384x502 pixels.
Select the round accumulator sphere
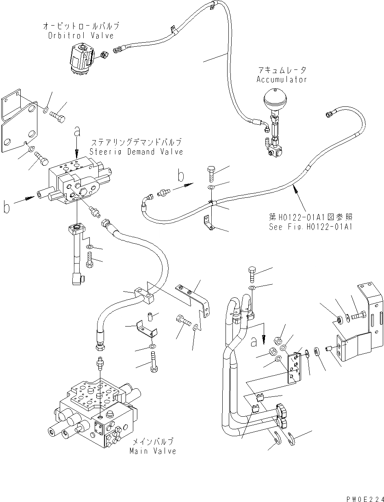(275, 99)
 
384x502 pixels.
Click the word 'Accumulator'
(282, 80)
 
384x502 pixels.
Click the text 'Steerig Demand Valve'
(137, 152)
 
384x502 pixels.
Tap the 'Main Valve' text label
(153, 451)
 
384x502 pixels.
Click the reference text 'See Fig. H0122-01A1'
(310, 227)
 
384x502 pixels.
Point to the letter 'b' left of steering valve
(6, 207)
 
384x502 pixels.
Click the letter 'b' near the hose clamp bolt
(181, 177)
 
